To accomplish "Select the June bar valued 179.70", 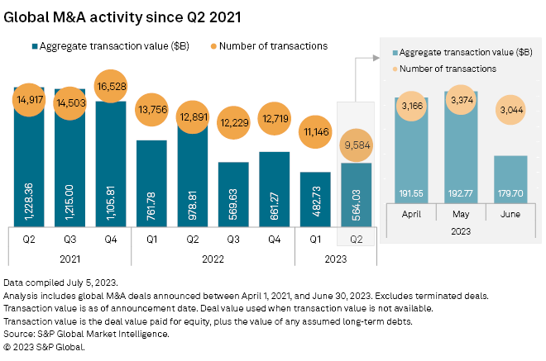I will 510,190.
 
